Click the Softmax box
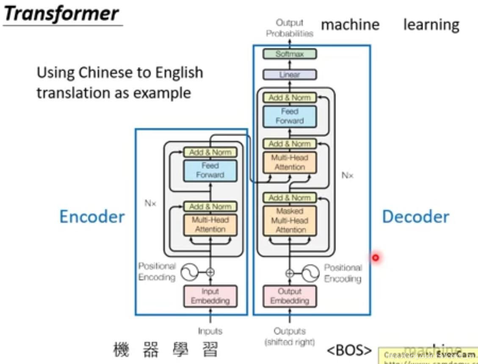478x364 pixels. [290, 54]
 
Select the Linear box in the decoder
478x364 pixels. [290, 75]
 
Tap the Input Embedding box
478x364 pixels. [210, 296]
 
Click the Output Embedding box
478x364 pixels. [290, 296]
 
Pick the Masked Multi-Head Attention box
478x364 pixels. [290, 221]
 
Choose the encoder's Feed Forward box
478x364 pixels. [210, 170]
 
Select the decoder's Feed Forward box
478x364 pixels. [290, 116]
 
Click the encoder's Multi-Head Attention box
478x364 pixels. [210, 224]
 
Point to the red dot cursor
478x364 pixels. [375, 257]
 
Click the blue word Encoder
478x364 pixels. [92, 216]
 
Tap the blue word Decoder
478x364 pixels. [415, 216]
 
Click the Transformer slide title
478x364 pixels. [61, 14]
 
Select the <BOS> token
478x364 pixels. [349, 350]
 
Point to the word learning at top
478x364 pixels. [431, 25]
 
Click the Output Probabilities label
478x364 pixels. [290, 28]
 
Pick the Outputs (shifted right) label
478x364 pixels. [290, 336]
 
